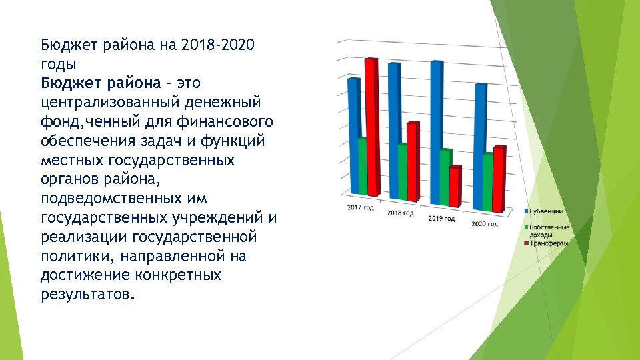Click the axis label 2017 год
click(x=360, y=208)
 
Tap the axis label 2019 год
click(x=441, y=219)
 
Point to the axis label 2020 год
click(x=485, y=224)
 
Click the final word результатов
click(x=87, y=295)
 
